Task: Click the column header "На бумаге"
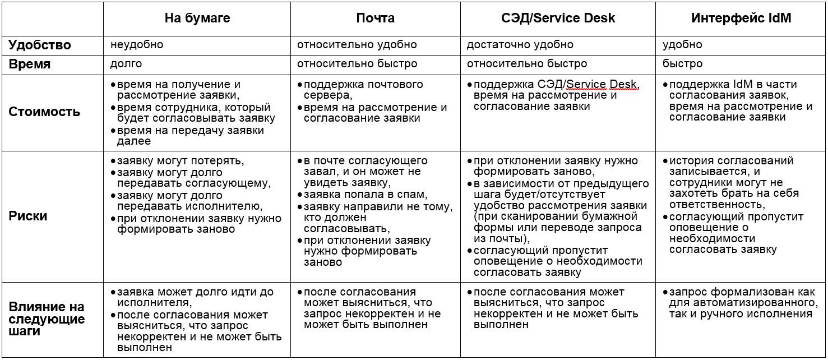coord(197,19)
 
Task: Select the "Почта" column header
coord(375,19)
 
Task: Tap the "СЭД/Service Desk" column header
coord(558,19)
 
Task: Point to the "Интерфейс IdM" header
coord(741,19)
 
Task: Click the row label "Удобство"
coord(39,45)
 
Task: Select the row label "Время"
coord(29,64)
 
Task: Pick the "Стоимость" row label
coord(44,112)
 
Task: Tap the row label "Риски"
coord(28,216)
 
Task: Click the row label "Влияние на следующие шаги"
coord(47,319)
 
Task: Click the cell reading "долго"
coord(126,63)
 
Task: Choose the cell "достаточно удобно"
coord(520,44)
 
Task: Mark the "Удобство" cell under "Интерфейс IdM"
coord(682,44)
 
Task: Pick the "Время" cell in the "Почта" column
coord(357,63)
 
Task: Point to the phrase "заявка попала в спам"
coord(365,195)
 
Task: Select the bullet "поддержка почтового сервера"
coord(363,90)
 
